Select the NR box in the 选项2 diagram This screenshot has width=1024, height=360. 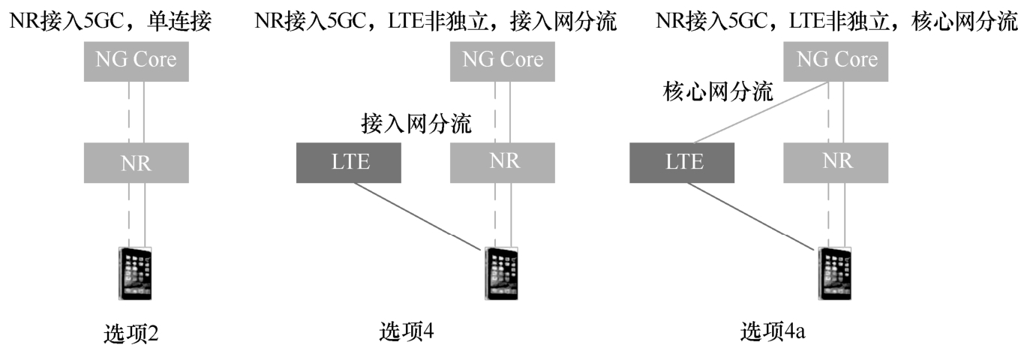[136, 163]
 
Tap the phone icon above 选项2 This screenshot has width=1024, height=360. [135, 274]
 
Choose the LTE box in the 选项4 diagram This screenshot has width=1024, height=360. [349, 162]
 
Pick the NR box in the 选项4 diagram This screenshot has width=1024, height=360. [503, 162]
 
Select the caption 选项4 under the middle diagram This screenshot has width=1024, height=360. [407, 331]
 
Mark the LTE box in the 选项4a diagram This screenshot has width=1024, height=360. [681, 162]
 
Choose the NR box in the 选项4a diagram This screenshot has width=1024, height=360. [836, 162]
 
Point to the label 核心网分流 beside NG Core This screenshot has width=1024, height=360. [718, 92]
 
